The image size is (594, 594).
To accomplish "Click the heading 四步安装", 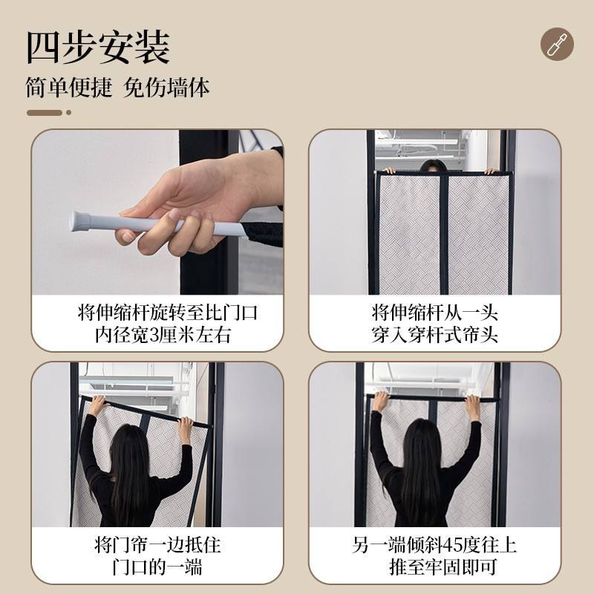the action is tap(98, 48).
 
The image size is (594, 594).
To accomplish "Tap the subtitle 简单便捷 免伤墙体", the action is tap(117, 88).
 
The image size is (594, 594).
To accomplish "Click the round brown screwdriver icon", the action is tap(557, 44).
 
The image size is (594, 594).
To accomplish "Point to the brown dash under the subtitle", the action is tap(45, 113).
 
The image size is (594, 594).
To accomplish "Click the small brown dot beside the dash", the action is tap(68, 113).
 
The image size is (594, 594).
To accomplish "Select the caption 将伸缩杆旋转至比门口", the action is tap(168, 313).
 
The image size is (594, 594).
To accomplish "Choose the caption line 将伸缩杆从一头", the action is tap(434, 313).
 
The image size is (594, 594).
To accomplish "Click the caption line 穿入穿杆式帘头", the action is tap(434, 335).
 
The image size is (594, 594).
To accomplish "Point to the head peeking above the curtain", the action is tap(433, 166).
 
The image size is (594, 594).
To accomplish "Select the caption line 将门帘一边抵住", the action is tap(157, 545).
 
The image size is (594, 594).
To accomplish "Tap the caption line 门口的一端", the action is tap(157, 567).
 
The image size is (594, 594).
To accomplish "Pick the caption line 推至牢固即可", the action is tap(443, 567).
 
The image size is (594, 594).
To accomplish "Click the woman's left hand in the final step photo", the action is tap(381, 402).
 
